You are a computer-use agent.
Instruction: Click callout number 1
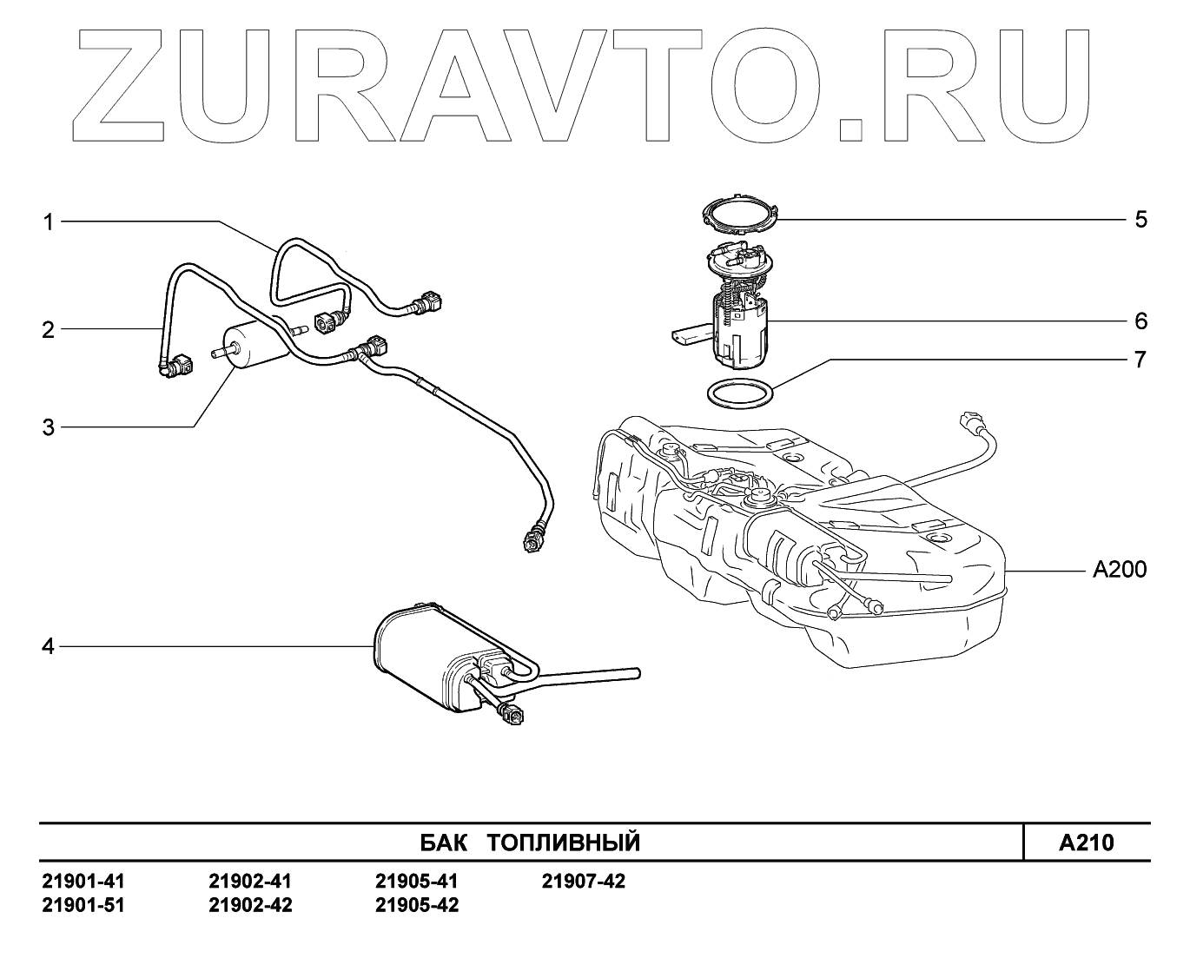click(50, 222)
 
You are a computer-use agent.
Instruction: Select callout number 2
click(49, 329)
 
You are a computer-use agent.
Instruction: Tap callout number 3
click(49, 427)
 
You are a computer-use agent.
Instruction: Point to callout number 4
click(49, 646)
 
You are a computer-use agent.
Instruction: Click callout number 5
click(1140, 219)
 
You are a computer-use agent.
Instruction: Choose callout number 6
click(1140, 321)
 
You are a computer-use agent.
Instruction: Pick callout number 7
click(1140, 359)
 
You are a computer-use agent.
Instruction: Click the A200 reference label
click(1119, 570)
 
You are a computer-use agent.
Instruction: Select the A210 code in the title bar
click(1086, 843)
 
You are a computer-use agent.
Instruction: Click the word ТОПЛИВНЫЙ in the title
click(563, 843)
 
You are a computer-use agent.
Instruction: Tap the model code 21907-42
click(583, 882)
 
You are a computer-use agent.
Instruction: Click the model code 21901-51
click(83, 905)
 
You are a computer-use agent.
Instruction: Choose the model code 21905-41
click(416, 882)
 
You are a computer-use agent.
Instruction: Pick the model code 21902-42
click(250, 905)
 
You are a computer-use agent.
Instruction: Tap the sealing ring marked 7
click(738, 393)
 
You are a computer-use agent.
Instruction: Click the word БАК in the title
click(442, 843)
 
